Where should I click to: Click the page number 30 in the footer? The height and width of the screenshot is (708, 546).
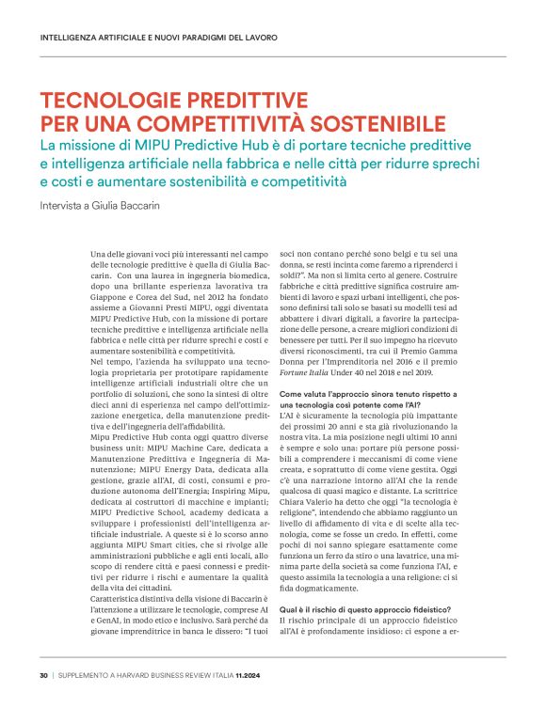43,675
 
